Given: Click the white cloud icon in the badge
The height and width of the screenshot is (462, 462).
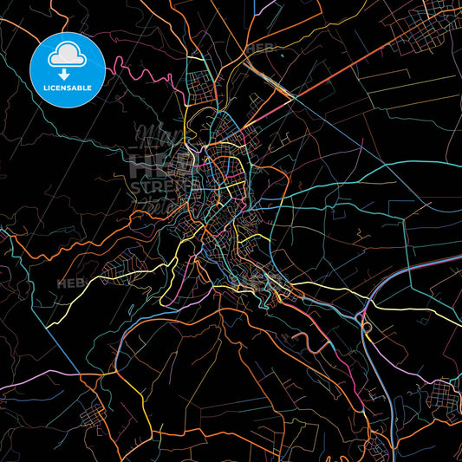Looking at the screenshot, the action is (x=67, y=55).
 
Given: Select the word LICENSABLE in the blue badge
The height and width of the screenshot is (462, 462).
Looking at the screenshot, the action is (x=68, y=88).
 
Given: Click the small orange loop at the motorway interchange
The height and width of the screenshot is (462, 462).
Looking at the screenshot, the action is (x=367, y=327).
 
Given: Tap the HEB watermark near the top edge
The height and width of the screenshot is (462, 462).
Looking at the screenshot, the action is (x=260, y=48).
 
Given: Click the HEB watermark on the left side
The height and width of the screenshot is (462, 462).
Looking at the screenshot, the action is (x=71, y=283).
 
